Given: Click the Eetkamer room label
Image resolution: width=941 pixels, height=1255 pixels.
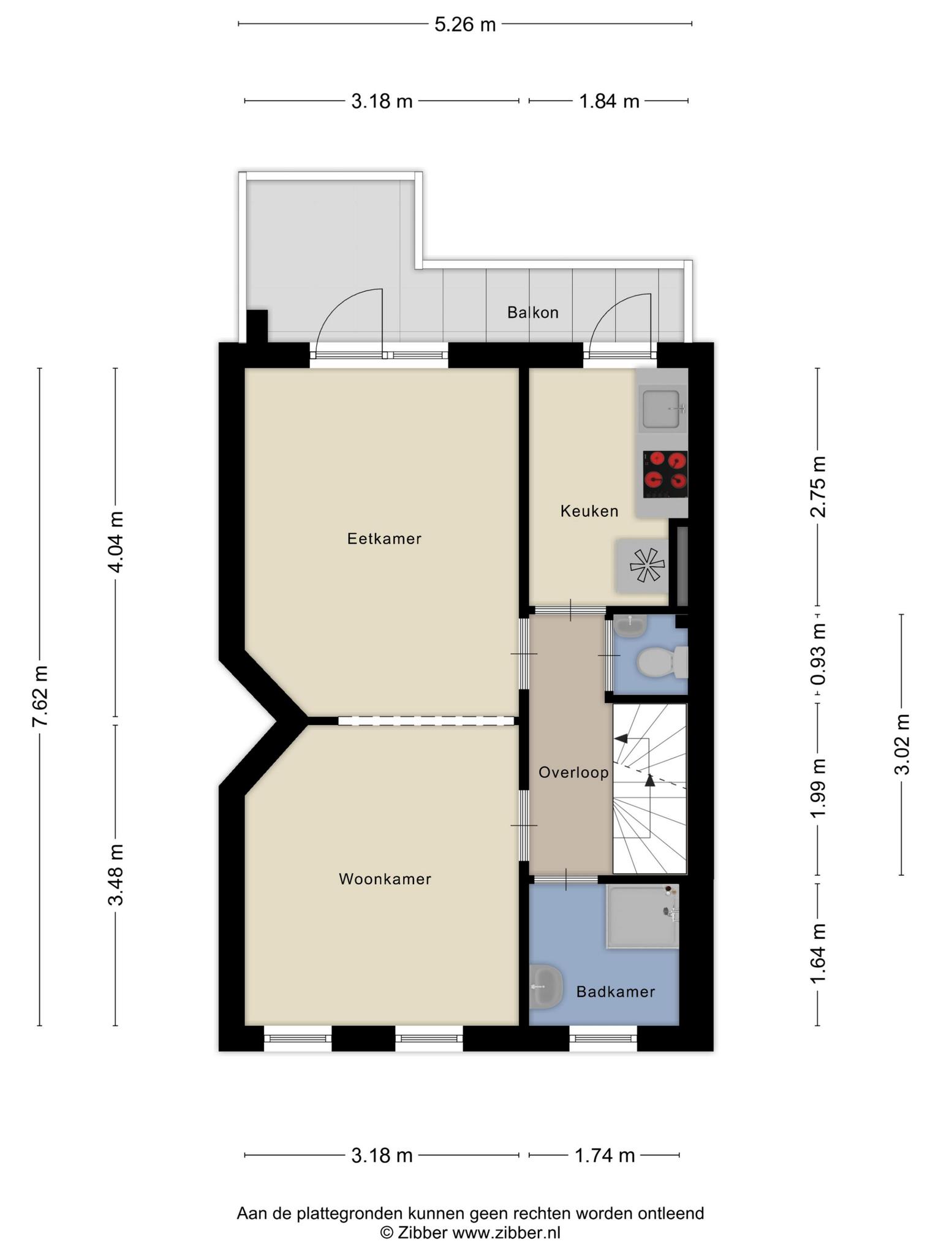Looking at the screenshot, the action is (384, 539).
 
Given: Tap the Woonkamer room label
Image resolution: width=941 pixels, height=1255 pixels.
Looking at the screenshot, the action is (385, 879).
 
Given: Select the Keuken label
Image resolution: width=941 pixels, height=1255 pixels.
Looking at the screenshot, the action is (589, 510).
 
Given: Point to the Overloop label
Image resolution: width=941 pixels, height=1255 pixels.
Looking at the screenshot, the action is (573, 772).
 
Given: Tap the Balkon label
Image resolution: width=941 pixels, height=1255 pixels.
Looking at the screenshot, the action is (533, 313).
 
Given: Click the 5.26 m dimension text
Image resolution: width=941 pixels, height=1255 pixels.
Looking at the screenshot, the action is (465, 25).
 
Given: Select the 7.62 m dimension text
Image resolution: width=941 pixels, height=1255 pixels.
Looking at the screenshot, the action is (40, 695).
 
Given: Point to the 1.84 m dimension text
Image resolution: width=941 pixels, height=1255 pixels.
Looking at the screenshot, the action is (609, 101).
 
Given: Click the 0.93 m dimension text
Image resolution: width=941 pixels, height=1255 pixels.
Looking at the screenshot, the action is (818, 654).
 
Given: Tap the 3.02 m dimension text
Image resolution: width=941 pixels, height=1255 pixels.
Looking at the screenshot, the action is (902, 744).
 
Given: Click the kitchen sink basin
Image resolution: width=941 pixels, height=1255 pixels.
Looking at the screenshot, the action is (661, 408).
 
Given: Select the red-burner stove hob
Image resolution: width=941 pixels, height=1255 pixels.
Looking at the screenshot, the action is (665, 474).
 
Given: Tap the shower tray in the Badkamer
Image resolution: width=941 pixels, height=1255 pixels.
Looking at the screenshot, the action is (643, 916).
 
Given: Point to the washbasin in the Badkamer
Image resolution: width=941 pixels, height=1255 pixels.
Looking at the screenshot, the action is (545, 987).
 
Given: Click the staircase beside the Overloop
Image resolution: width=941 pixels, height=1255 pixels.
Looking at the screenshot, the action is (650, 789).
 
